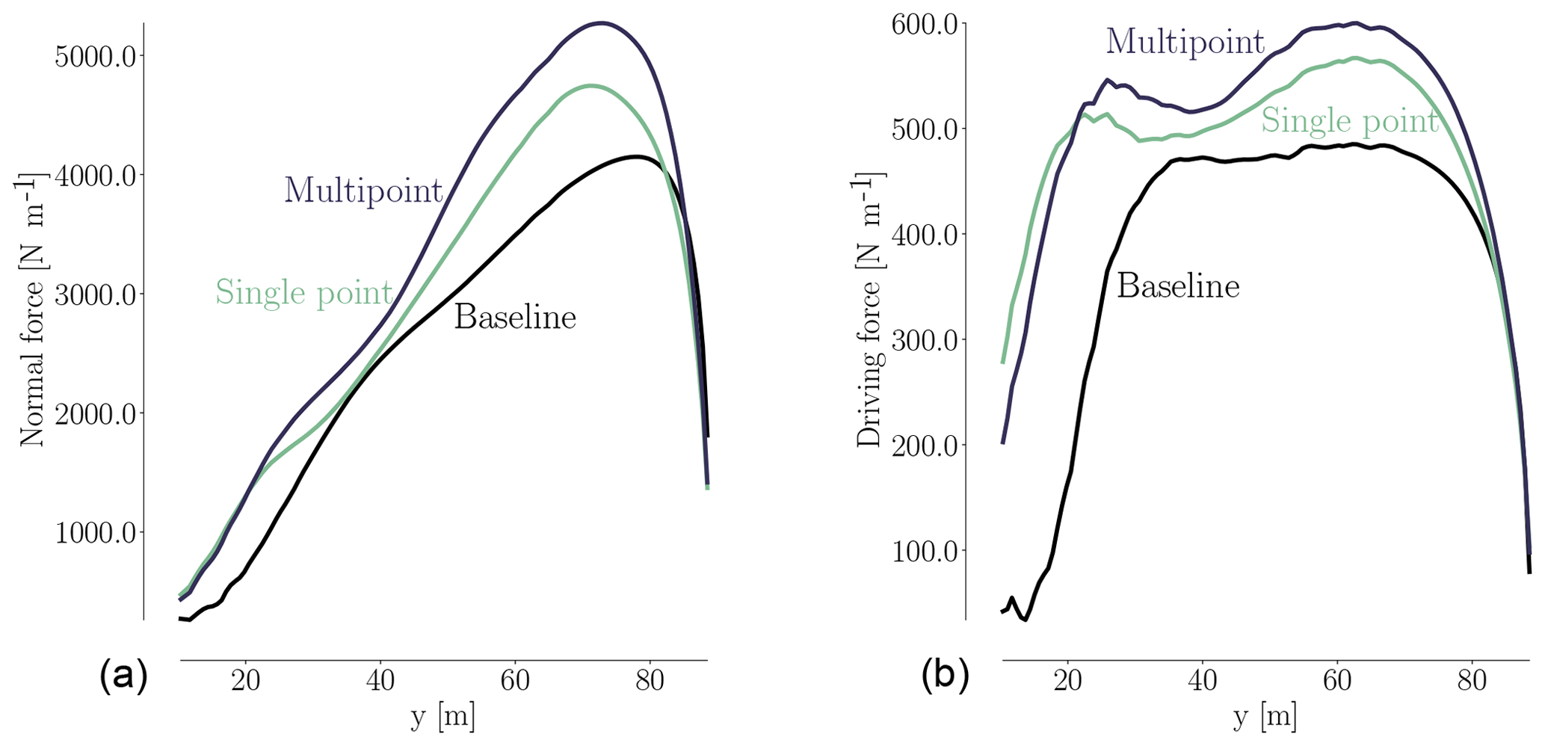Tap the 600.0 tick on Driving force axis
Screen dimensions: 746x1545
tap(924, 25)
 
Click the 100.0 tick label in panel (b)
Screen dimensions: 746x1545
tap(924, 552)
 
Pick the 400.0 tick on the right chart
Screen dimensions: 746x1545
tap(924, 235)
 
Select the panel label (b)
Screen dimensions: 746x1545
tap(946, 676)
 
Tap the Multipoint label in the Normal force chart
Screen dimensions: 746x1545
tap(363, 191)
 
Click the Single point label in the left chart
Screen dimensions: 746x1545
tap(303, 292)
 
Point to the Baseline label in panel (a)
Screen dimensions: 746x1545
tap(515, 318)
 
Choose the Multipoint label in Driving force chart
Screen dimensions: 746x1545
tap(1185, 42)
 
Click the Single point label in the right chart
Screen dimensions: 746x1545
tap(1349, 121)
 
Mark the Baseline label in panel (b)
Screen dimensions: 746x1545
tap(1178, 286)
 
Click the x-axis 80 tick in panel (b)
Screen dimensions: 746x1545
tap(1472, 682)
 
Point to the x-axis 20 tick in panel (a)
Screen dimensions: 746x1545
tap(245, 682)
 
